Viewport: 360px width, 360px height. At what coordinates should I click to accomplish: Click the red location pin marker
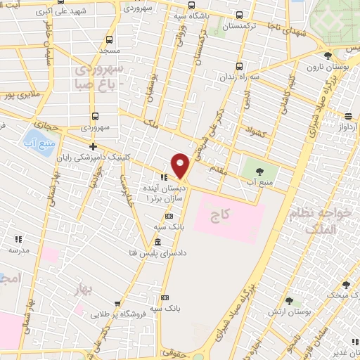tap(181, 165)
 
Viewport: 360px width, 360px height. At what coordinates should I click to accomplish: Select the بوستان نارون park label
tap(323, 66)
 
